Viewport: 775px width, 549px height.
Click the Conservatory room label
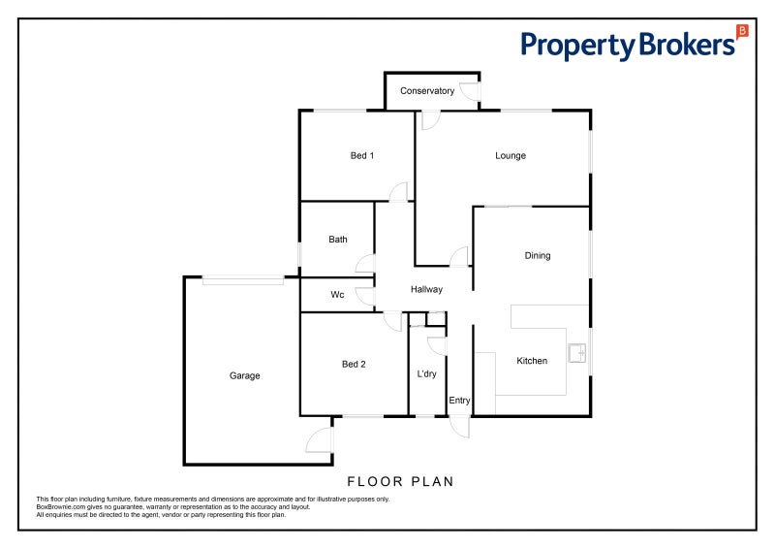(427, 91)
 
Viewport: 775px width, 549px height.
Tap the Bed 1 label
(362, 155)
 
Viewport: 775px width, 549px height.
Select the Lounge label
(511, 156)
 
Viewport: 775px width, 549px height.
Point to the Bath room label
(338, 240)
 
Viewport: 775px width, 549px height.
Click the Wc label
(337, 295)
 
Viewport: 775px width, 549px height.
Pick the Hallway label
(426, 290)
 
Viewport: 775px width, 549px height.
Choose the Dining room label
(538, 256)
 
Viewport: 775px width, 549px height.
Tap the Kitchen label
(532, 361)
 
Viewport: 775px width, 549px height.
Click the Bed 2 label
(354, 365)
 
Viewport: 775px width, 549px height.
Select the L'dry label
(426, 374)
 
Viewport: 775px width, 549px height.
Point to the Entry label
(459, 401)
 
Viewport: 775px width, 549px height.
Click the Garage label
(245, 376)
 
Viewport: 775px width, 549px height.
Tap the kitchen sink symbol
(576, 353)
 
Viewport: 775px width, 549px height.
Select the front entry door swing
(460, 427)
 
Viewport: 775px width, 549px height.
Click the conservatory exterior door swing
(470, 91)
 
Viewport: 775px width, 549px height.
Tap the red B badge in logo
(742, 31)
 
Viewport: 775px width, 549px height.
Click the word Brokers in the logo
(687, 45)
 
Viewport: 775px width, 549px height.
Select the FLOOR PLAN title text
(400, 482)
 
